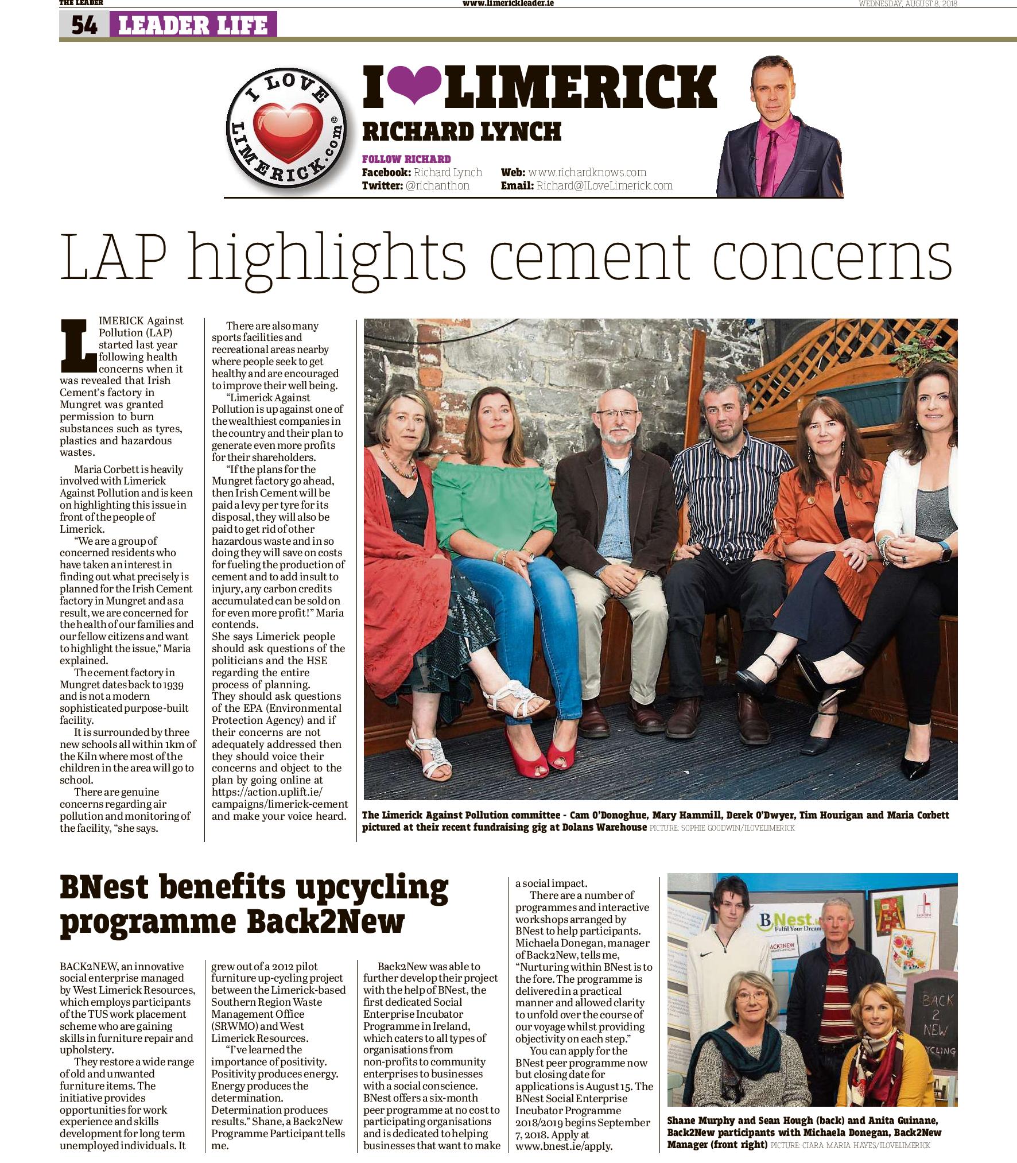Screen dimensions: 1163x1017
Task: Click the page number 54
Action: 84,25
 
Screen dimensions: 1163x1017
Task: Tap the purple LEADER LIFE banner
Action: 193,25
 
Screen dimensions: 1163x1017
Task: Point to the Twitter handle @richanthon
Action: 437,185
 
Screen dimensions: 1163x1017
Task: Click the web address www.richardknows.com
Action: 587,172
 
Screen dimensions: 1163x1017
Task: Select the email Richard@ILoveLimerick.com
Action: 604,185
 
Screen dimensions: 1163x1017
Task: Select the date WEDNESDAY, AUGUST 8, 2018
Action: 907,3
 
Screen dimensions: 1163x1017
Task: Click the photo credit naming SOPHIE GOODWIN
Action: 722,828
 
